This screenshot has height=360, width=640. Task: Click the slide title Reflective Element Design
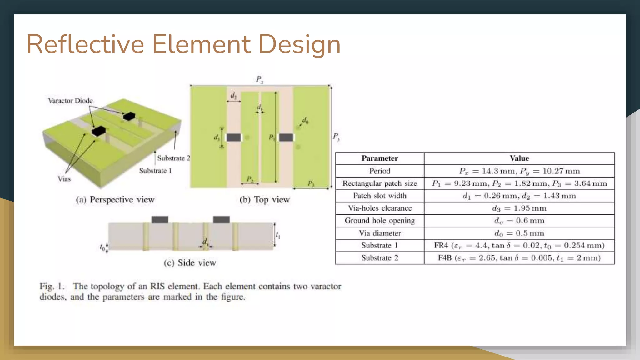pos(183,44)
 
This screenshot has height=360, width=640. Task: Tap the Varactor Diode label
pos(70,101)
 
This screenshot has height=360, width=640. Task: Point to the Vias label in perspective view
pos(64,179)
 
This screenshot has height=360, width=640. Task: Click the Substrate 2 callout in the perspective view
pos(173,158)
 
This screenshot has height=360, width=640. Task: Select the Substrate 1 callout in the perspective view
pos(155,171)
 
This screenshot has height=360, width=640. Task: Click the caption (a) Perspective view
pos(115,200)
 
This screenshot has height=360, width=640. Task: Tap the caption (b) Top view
pos(265,200)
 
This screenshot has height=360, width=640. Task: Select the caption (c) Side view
pos(190,263)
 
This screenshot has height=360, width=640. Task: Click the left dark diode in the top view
pos(234,137)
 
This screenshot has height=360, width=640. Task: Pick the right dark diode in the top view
pos(286,137)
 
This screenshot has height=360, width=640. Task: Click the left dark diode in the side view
pos(160,219)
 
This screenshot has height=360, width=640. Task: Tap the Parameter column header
pos(380,158)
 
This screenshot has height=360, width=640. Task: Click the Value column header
pos(519,158)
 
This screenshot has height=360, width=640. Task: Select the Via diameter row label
pos(380,233)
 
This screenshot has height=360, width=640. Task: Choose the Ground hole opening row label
pos(380,221)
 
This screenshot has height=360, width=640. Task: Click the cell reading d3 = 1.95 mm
pos(519,208)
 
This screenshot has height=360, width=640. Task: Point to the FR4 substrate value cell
pos(519,246)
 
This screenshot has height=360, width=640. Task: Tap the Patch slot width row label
pos(380,196)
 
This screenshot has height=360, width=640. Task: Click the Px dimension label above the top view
pos(260,79)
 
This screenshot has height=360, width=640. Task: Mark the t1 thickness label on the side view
pos(278,235)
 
